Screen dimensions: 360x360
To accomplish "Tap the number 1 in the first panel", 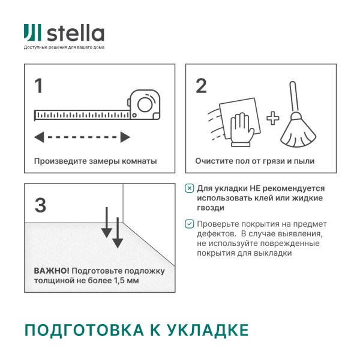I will [x=39, y=86].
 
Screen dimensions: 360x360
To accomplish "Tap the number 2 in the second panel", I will [x=202, y=86].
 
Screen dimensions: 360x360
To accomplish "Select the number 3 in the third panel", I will [x=40, y=205].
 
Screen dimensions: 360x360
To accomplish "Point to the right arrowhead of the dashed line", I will [x=125, y=137].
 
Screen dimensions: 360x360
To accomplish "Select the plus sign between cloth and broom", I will [x=273, y=118].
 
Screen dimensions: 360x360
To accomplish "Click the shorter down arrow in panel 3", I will [x=106, y=223].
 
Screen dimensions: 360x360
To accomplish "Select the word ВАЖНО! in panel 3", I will [x=51, y=269].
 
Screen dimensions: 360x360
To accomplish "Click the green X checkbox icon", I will [x=190, y=188].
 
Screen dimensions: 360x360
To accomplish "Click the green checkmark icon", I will [x=190, y=224].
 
